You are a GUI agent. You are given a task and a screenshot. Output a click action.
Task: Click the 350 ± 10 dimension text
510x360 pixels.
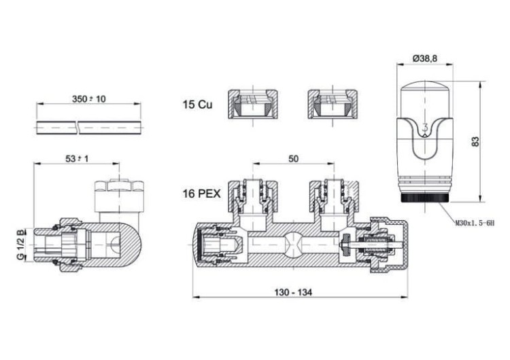(89, 98)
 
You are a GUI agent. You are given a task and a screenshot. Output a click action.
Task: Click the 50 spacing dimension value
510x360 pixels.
(293, 158)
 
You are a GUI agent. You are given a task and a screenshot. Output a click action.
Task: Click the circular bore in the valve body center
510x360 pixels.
(293, 243)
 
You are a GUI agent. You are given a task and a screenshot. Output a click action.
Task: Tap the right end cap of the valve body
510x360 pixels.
(400, 243)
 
